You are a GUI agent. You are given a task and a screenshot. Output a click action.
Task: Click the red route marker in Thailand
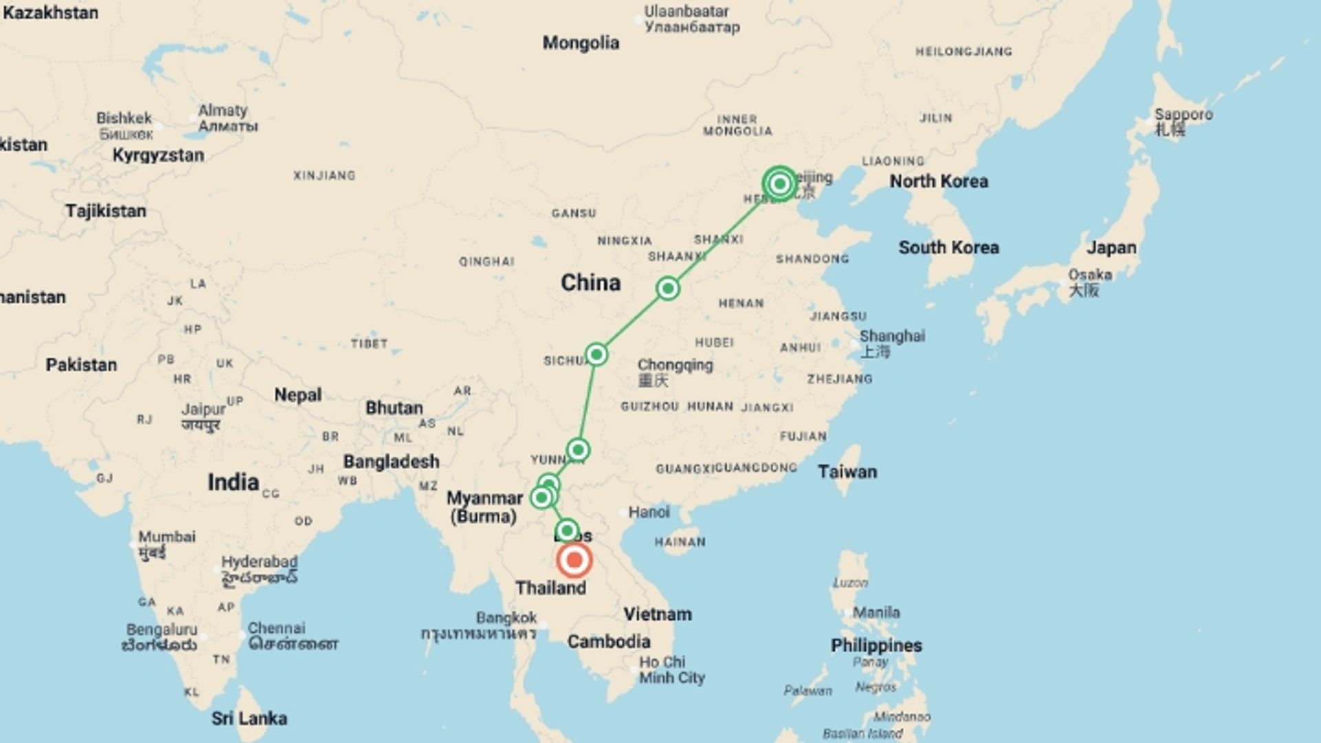[574, 560]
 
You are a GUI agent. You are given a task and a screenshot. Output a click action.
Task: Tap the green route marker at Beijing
[780, 184]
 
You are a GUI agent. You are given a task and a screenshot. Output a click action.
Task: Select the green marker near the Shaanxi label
[667, 288]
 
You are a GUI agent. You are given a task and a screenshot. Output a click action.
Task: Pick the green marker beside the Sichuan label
[596, 354]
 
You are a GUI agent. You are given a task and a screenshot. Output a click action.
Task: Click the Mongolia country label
[581, 43]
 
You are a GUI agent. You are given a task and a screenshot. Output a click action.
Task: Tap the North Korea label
[938, 181]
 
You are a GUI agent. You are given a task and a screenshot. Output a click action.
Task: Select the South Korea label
[948, 248]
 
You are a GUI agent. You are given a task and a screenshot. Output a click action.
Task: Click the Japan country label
[1111, 248]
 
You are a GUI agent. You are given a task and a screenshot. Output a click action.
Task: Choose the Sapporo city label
[1183, 114]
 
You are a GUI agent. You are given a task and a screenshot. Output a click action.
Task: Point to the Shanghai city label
[892, 336]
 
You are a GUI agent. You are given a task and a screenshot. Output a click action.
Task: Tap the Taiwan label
[847, 472]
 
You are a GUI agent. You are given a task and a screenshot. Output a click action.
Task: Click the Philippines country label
[876, 645]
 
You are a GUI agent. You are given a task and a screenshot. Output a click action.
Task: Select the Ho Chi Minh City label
[671, 670]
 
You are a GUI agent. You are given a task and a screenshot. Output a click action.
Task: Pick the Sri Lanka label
[249, 718]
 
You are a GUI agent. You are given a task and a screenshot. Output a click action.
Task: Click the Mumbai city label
[167, 537]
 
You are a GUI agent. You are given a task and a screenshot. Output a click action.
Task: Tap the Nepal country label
[298, 395]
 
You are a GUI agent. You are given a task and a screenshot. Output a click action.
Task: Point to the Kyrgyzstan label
[158, 155]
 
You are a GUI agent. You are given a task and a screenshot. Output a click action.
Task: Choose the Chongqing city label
[675, 365]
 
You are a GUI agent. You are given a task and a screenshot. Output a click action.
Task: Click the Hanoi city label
[648, 512]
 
